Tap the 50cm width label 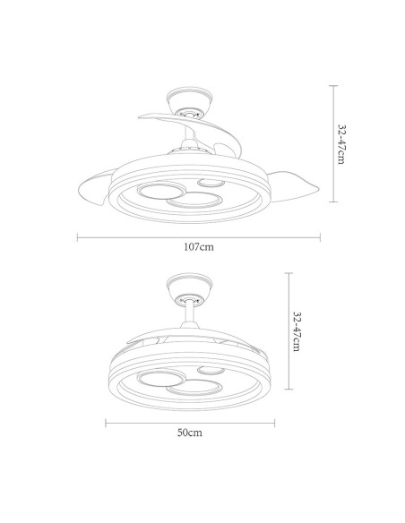point(188,432)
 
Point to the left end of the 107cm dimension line point(77,237)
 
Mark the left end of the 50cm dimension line point(107,421)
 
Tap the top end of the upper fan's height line point(332,85)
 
